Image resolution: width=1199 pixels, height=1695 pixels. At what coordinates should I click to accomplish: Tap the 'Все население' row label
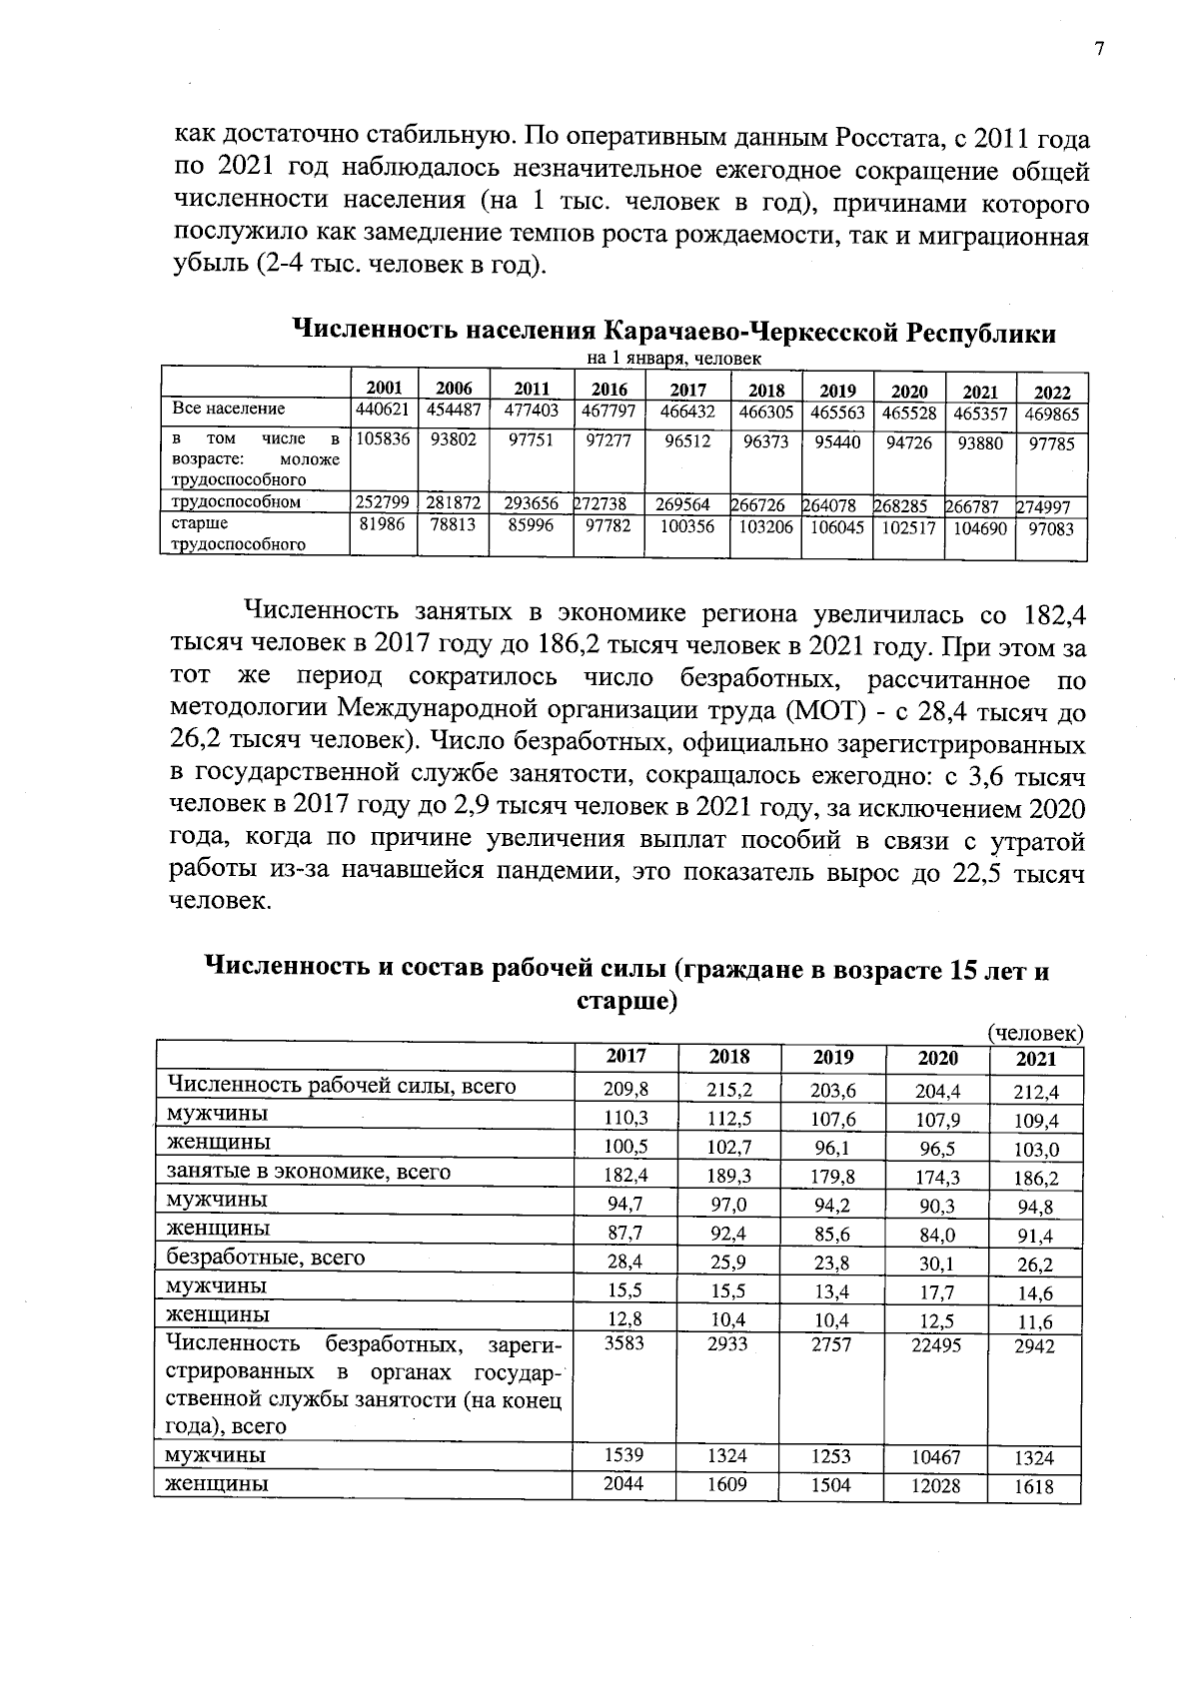[229, 409]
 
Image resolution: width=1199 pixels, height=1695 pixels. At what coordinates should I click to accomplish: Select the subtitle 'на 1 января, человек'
[673, 358]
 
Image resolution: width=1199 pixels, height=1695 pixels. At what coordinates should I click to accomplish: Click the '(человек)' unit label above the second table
[1035, 1034]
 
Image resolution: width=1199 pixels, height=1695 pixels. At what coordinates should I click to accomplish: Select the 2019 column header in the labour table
[833, 1057]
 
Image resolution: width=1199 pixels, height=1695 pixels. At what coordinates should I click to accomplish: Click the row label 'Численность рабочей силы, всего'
[342, 1086]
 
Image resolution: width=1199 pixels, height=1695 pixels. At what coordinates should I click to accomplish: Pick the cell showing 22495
[935, 1345]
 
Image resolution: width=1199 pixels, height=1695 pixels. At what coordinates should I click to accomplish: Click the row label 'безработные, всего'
[267, 1258]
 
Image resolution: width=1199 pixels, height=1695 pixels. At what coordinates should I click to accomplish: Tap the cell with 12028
[935, 1486]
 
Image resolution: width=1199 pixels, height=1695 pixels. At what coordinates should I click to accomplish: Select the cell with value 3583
[624, 1343]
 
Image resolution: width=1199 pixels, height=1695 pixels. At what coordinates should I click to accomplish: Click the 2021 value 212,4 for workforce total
[1034, 1092]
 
